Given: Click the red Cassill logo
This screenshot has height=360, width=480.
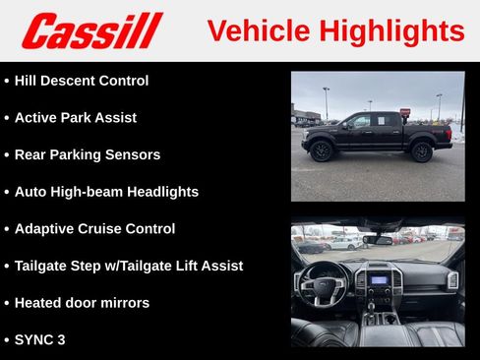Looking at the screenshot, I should (x=91, y=30).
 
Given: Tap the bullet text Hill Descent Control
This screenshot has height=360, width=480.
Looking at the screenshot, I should (x=82, y=81).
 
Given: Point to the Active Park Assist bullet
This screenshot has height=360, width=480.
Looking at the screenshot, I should (x=76, y=118).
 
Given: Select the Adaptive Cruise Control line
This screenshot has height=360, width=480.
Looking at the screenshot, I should (x=94, y=228).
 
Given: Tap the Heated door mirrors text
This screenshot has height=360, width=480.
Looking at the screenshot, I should (x=82, y=303).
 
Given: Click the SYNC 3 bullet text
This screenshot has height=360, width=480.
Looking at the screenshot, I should (x=41, y=339).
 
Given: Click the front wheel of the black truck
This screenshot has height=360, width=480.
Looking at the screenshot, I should (x=321, y=150).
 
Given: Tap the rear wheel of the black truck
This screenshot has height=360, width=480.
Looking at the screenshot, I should (x=422, y=150).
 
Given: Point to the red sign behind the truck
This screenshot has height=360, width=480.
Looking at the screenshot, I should (x=405, y=112).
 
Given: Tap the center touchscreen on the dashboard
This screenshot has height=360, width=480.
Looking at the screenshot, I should (x=379, y=279).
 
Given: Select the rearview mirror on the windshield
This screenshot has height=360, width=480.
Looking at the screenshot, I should (x=377, y=240).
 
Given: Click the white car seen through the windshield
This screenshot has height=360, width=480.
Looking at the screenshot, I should (x=343, y=242).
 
